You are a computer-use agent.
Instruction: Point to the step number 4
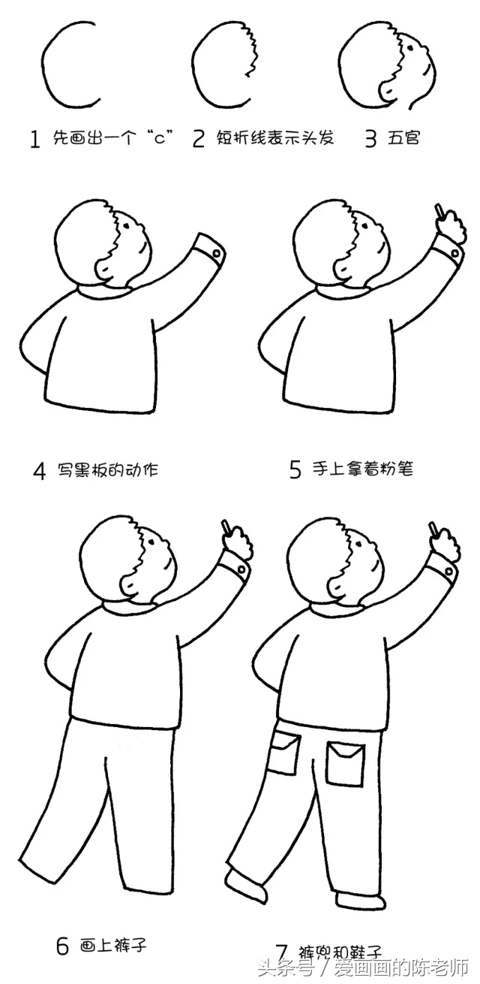point(40,472)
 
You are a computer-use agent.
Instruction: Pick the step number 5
point(295,470)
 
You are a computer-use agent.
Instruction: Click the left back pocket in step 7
point(283,753)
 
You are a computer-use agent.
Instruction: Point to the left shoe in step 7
point(246,883)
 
